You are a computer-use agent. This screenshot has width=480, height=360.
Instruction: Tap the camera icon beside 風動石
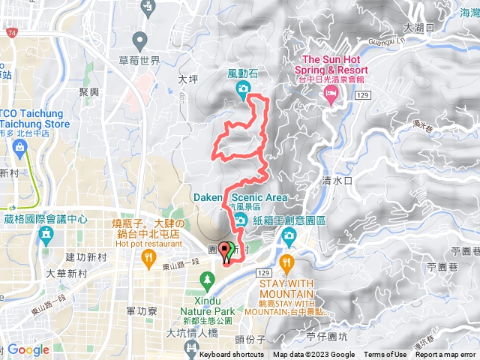[x=243, y=90]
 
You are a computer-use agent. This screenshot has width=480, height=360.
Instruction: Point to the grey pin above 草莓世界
[x=139, y=39]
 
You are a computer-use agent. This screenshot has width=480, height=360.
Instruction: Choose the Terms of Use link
[x=385, y=355]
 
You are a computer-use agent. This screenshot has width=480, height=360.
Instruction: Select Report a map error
[x=446, y=355]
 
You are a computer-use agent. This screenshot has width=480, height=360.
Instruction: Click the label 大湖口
[x=417, y=28]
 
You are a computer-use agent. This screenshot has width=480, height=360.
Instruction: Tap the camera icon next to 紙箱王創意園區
[x=289, y=238]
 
